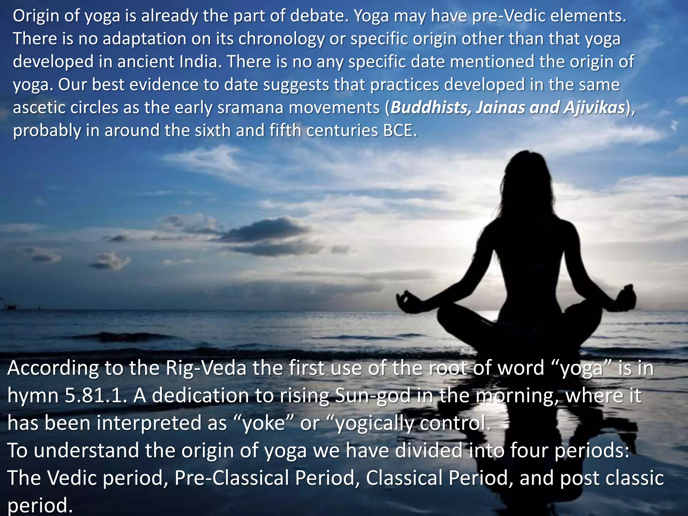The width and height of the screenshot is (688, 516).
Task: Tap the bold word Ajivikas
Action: (594, 107)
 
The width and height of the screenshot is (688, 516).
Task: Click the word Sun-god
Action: (374, 395)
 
